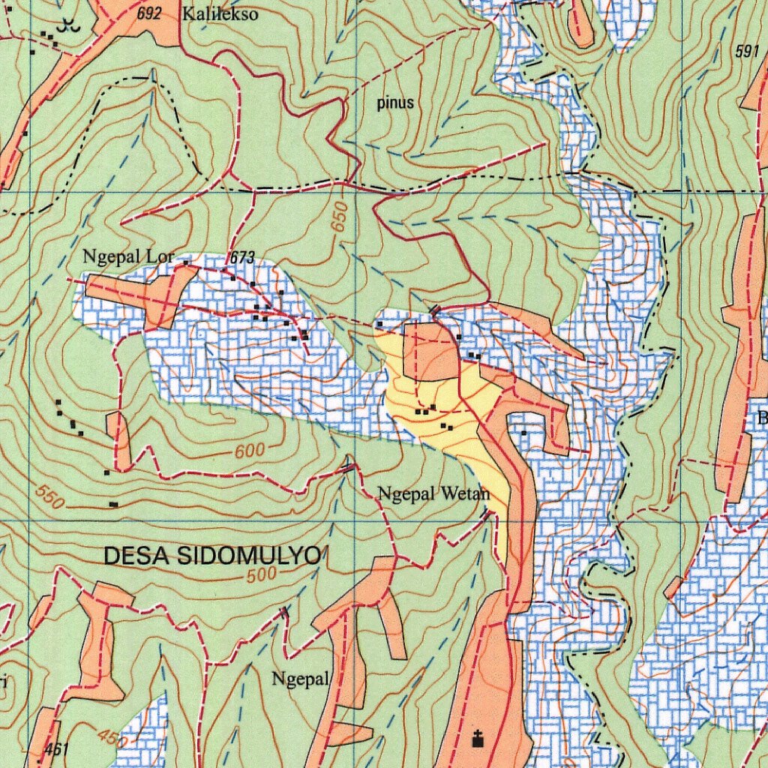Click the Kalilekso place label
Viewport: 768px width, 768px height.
coord(220,14)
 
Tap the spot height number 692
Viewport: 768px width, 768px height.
coord(150,13)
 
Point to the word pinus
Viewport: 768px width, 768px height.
coord(394,103)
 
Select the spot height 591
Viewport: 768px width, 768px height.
coord(747,52)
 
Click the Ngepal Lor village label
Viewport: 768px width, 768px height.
coord(127,257)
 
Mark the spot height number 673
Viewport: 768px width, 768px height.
coord(242,258)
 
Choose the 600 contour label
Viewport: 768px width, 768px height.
coord(250,451)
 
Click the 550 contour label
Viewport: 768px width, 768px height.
coord(49,497)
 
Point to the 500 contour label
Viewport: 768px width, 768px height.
coord(262,575)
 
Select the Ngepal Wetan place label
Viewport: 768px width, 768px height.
coord(433,493)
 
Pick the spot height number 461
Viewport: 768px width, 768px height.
coord(57,748)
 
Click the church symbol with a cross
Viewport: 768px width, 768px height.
coord(477,739)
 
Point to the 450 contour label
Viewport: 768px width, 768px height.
coord(109,738)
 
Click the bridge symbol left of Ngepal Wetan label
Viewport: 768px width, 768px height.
coord(349,468)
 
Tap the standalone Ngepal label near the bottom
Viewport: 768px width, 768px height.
coord(300,679)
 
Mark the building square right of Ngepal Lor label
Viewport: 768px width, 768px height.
coord(185,262)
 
